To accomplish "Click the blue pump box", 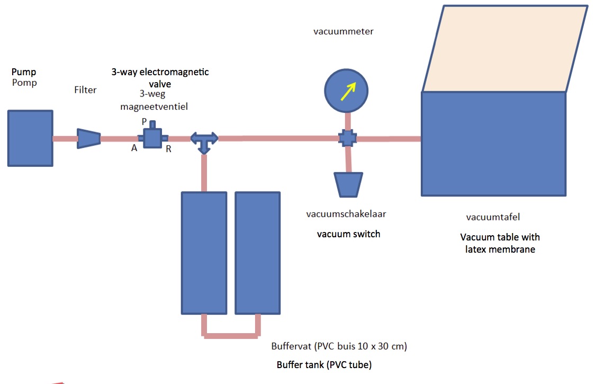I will (x=30, y=138).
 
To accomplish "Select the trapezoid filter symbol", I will (x=88, y=139).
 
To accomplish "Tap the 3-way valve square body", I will (x=153, y=138).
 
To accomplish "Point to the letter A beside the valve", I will (x=134, y=148).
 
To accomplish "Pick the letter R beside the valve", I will (x=168, y=149).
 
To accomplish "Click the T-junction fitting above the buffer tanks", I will (x=204, y=140).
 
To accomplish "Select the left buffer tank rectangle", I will (x=204, y=252).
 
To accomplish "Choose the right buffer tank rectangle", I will (x=257, y=252).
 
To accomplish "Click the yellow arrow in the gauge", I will (x=347, y=91).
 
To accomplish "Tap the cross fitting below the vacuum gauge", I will (x=347, y=139).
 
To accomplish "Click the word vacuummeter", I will (x=343, y=31).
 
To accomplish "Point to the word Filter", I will (x=85, y=90).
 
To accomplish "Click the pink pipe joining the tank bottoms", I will (x=231, y=335).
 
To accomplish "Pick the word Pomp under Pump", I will (x=24, y=83).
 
